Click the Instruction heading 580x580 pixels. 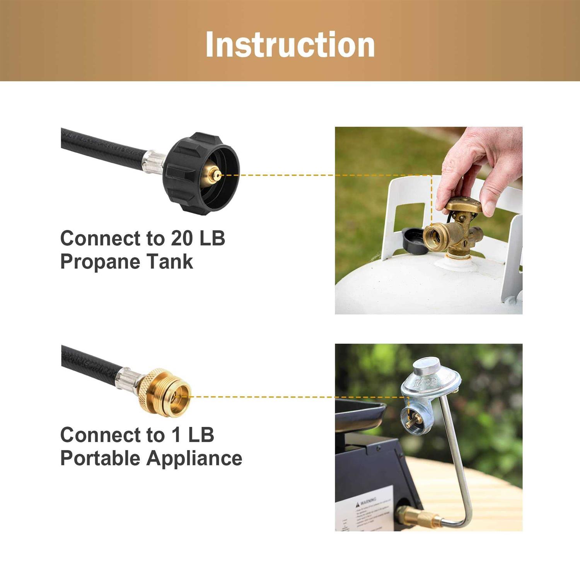click(x=290, y=44)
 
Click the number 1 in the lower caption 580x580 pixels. click(x=176, y=435)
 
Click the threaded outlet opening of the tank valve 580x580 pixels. click(x=433, y=236)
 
